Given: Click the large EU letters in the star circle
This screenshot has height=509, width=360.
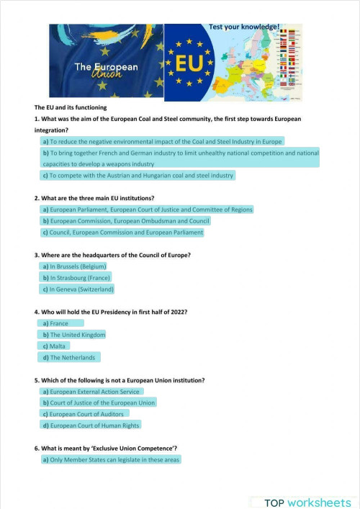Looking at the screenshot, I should (x=189, y=62).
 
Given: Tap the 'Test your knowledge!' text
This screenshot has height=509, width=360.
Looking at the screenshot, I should (x=243, y=26).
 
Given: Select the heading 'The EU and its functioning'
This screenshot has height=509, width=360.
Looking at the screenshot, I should (x=70, y=107).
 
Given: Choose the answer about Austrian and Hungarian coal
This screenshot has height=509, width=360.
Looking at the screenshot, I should (x=138, y=175).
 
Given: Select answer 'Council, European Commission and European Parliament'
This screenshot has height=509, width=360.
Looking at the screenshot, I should (x=122, y=233).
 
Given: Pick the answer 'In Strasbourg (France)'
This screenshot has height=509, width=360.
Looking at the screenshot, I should (x=76, y=277).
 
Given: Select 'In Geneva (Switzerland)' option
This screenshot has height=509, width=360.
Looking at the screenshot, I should (x=78, y=289).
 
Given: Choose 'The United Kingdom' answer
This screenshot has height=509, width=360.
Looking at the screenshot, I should (x=74, y=335).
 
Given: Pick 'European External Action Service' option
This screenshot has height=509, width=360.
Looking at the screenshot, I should (x=91, y=392).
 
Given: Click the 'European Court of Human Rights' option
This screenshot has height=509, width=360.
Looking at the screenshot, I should (x=91, y=425).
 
